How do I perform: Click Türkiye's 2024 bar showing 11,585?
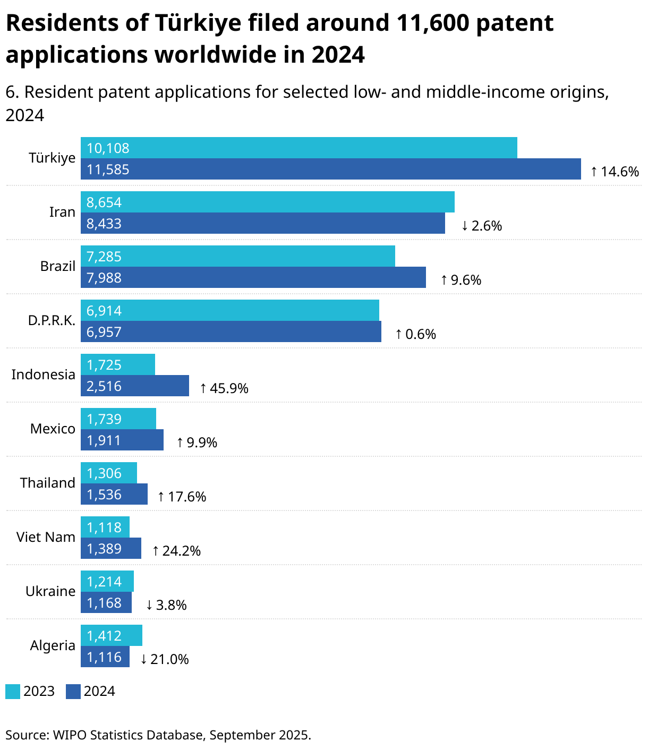[330, 169]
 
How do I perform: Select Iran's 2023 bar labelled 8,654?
[267, 202]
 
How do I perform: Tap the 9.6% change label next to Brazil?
[461, 280]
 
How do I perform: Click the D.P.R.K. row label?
[52, 321]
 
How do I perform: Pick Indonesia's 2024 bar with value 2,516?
[134, 386]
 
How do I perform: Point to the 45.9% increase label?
[224, 388]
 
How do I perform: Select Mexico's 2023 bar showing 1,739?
[118, 419]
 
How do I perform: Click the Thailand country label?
[48, 483]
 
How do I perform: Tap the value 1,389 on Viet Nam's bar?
[104, 549]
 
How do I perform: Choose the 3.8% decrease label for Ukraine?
[166, 605]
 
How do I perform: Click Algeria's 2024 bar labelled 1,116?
[105, 657]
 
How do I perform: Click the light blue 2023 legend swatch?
[13, 692]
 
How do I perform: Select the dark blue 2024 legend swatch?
[73, 692]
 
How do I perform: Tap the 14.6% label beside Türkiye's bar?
[615, 172]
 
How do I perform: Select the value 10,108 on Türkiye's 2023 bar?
[108, 148]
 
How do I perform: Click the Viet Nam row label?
[46, 537]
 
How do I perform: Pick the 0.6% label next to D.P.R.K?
[416, 334]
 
